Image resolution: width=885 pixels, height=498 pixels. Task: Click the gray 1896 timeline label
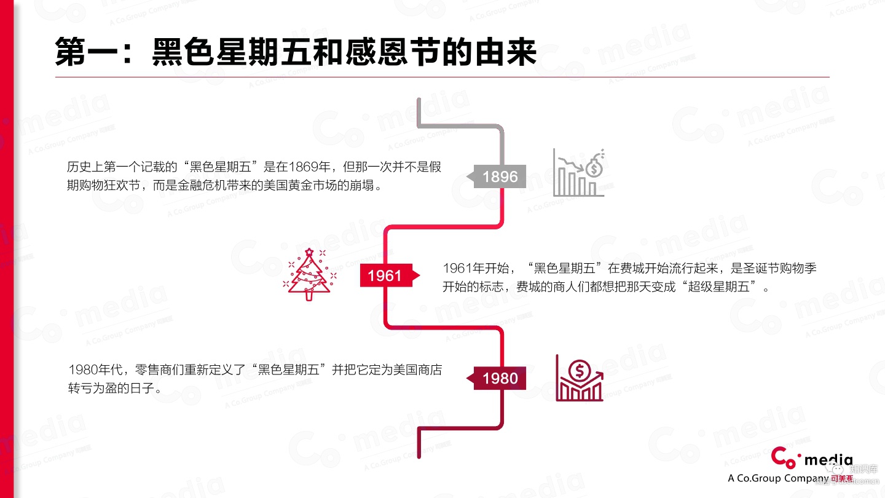click(x=500, y=177)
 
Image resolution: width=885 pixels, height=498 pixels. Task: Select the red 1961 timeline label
click(x=385, y=276)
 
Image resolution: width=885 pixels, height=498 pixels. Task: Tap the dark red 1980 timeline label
click(x=500, y=378)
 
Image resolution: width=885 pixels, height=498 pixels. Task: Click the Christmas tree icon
click(x=309, y=275)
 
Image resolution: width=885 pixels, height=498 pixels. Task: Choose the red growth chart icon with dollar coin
click(x=580, y=378)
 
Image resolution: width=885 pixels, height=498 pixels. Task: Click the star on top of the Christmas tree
click(x=309, y=251)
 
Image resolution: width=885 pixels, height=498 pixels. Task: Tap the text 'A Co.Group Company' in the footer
click(x=778, y=478)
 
